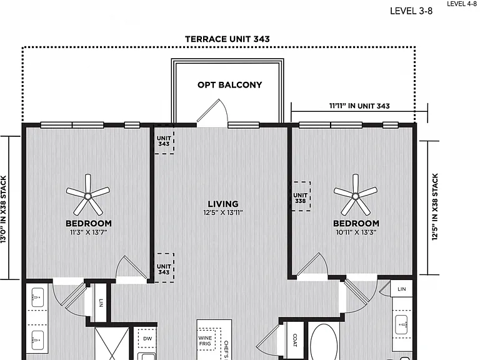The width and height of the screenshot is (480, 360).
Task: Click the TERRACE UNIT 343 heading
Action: (x=227, y=39)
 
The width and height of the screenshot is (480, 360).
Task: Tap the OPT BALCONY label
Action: (x=229, y=85)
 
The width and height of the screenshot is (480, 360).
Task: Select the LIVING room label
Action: (x=223, y=204)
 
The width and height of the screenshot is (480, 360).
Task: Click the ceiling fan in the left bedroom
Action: (x=88, y=195)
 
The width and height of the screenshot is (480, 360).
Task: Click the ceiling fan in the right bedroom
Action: (x=356, y=195)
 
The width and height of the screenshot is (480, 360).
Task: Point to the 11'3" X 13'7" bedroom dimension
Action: (x=89, y=232)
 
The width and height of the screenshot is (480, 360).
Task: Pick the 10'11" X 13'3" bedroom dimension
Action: (x=356, y=232)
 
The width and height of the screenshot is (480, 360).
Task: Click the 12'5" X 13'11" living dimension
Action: (x=223, y=212)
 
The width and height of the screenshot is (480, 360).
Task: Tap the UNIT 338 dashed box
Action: (x=300, y=196)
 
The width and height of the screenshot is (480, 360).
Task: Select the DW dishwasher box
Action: (x=147, y=339)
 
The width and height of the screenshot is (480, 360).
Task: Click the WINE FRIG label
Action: (x=205, y=341)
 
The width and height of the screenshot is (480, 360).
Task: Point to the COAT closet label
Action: (x=295, y=340)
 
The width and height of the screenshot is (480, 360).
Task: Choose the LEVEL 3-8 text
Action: (x=411, y=11)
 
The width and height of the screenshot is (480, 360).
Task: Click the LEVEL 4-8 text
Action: (x=462, y=4)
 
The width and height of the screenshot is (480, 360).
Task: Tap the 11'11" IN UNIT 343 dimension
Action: (x=359, y=106)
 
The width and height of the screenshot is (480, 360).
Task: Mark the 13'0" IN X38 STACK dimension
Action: (x=3, y=209)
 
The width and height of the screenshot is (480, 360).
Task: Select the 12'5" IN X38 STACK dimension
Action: (x=435, y=207)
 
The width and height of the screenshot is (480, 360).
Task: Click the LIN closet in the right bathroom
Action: (x=401, y=289)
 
